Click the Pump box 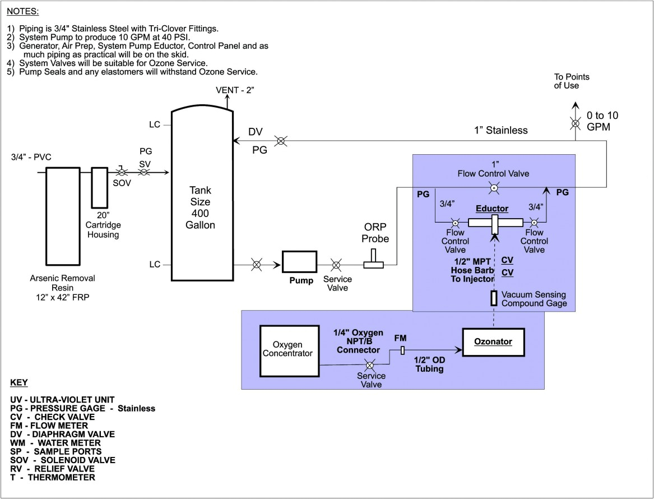pyautogui.click(x=299, y=262)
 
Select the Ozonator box pyautogui.click(x=494, y=341)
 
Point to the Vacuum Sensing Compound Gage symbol pyautogui.click(x=494, y=298)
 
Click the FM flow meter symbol pyautogui.click(x=402, y=350)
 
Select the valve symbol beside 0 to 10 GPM pyautogui.click(x=574, y=123)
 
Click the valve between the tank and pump pyautogui.click(x=256, y=264)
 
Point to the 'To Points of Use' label pyautogui.click(x=572, y=81)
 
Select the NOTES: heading pyautogui.click(x=23, y=11)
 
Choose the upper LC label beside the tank pyautogui.click(x=155, y=124)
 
